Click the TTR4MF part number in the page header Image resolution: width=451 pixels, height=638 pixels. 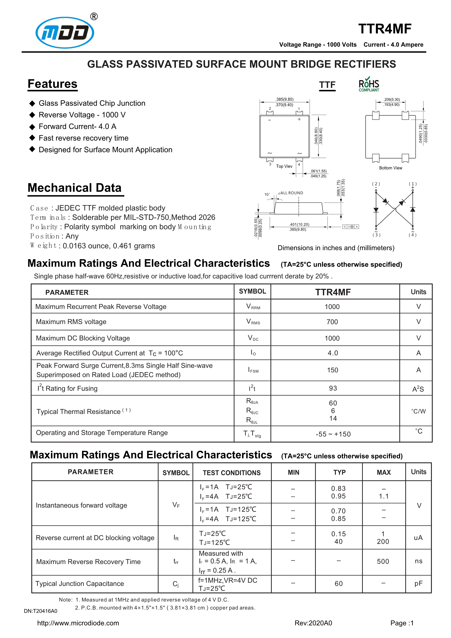coord(385,29)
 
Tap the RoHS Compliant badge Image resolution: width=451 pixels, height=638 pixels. coord(369,84)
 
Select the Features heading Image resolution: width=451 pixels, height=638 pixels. coord(53,84)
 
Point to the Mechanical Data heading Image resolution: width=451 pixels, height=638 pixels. coord(75,188)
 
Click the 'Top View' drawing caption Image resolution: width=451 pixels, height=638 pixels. coord(284,166)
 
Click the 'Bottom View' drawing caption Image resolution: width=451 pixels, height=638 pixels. coord(390,168)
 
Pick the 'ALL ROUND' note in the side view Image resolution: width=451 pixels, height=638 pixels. coord(291,193)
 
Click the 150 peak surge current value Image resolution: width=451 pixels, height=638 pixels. coord(332,370)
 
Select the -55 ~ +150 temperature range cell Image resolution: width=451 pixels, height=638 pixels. coord(333,434)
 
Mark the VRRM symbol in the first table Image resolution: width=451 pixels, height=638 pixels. coord(253,307)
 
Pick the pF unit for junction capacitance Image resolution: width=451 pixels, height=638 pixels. coord(418,584)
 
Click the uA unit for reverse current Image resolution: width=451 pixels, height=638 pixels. coord(418,538)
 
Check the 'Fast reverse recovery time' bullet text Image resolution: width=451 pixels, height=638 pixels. coord(83,138)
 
